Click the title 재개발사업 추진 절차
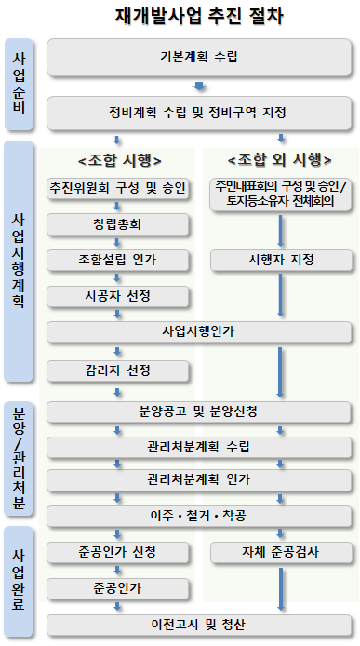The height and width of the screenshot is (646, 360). (x=199, y=16)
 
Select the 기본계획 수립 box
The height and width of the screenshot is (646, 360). (x=199, y=58)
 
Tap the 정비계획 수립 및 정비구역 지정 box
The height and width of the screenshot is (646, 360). (x=199, y=114)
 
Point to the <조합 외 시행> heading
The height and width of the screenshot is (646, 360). (x=279, y=158)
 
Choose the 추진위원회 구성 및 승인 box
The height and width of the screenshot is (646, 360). (x=118, y=190)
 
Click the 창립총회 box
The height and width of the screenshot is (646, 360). (x=118, y=224)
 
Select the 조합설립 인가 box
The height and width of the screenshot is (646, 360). (x=118, y=260)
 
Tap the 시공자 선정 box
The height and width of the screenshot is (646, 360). (x=118, y=296)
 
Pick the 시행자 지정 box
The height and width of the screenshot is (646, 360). (x=281, y=260)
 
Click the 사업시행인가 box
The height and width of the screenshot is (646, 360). (x=199, y=332)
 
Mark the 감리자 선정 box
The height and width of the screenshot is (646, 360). (x=118, y=370)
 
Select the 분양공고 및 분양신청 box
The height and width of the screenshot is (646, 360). (x=199, y=410)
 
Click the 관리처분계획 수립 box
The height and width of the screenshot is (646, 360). (x=199, y=446)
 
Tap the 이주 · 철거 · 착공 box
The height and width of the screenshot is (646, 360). (x=199, y=516)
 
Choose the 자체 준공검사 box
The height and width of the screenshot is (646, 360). (x=281, y=551)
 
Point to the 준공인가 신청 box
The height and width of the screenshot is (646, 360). (x=118, y=551)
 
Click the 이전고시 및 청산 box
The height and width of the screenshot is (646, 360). (x=199, y=623)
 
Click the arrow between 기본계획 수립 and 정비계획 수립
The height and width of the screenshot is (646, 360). (x=199, y=87)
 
